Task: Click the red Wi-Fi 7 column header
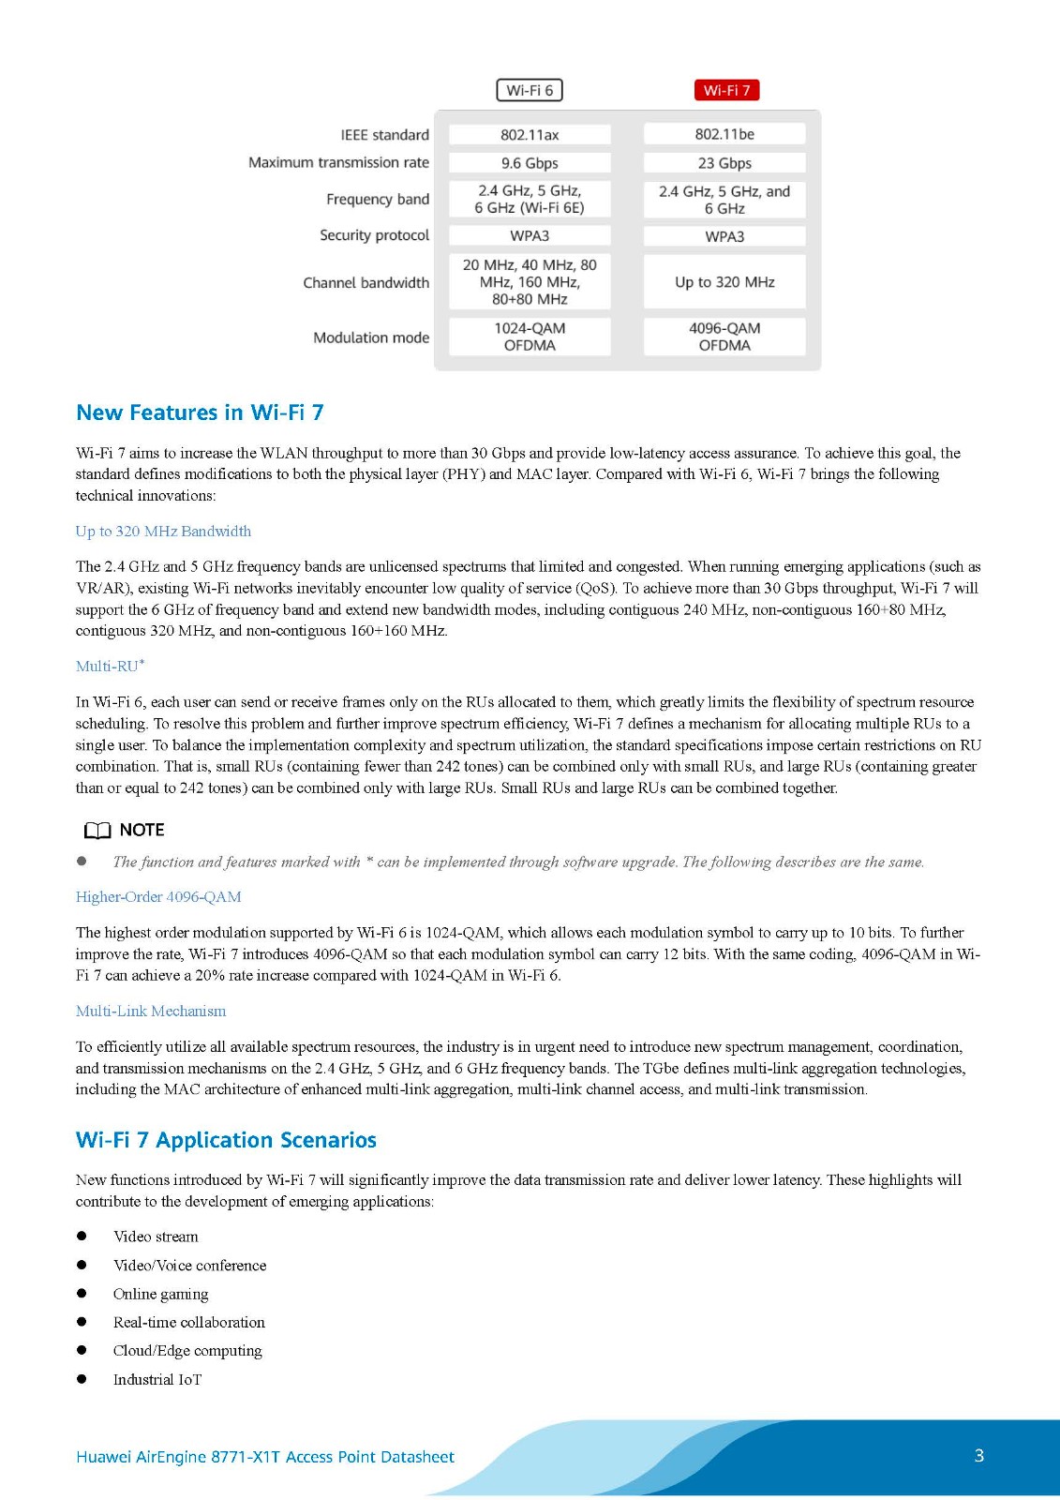pyautogui.click(x=726, y=90)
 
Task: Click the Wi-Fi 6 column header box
pyautogui.click(x=530, y=90)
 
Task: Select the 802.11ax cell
pyautogui.click(x=530, y=135)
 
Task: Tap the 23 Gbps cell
pyautogui.click(x=724, y=163)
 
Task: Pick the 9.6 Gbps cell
pyautogui.click(x=530, y=163)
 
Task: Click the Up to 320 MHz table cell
pyautogui.click(x=724, y=282)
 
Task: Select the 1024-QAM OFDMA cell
pyautogui.click(x=530, y=337)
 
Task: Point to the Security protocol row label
pyautogui.click(x=374, y=235)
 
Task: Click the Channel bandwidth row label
pyautogui.click(x=366, y=283)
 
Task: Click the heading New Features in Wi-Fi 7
pyautogui.click(x=200, y=412)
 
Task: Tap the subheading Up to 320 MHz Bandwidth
pyautogui.click(x=163, y=532)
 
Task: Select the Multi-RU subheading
pyautogui.click(x=108, y=667)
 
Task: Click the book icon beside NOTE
pyautogui.click(x=97, y=831)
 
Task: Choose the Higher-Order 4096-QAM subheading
pyautogui.click(x=158, y=897)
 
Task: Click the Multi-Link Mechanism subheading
pyautogui.click(x=151, y=1012)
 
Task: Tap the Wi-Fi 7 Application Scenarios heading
pyautogui.click(x=226, y=1140)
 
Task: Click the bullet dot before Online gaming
pyautogui.click(x=82, y=1294)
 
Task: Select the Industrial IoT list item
pyautogui.click(x=157, y=1380)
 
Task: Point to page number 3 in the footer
pyautogui.click(x=979, y=1456)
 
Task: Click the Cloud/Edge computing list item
pyautogui.click(x=187, y=1351)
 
